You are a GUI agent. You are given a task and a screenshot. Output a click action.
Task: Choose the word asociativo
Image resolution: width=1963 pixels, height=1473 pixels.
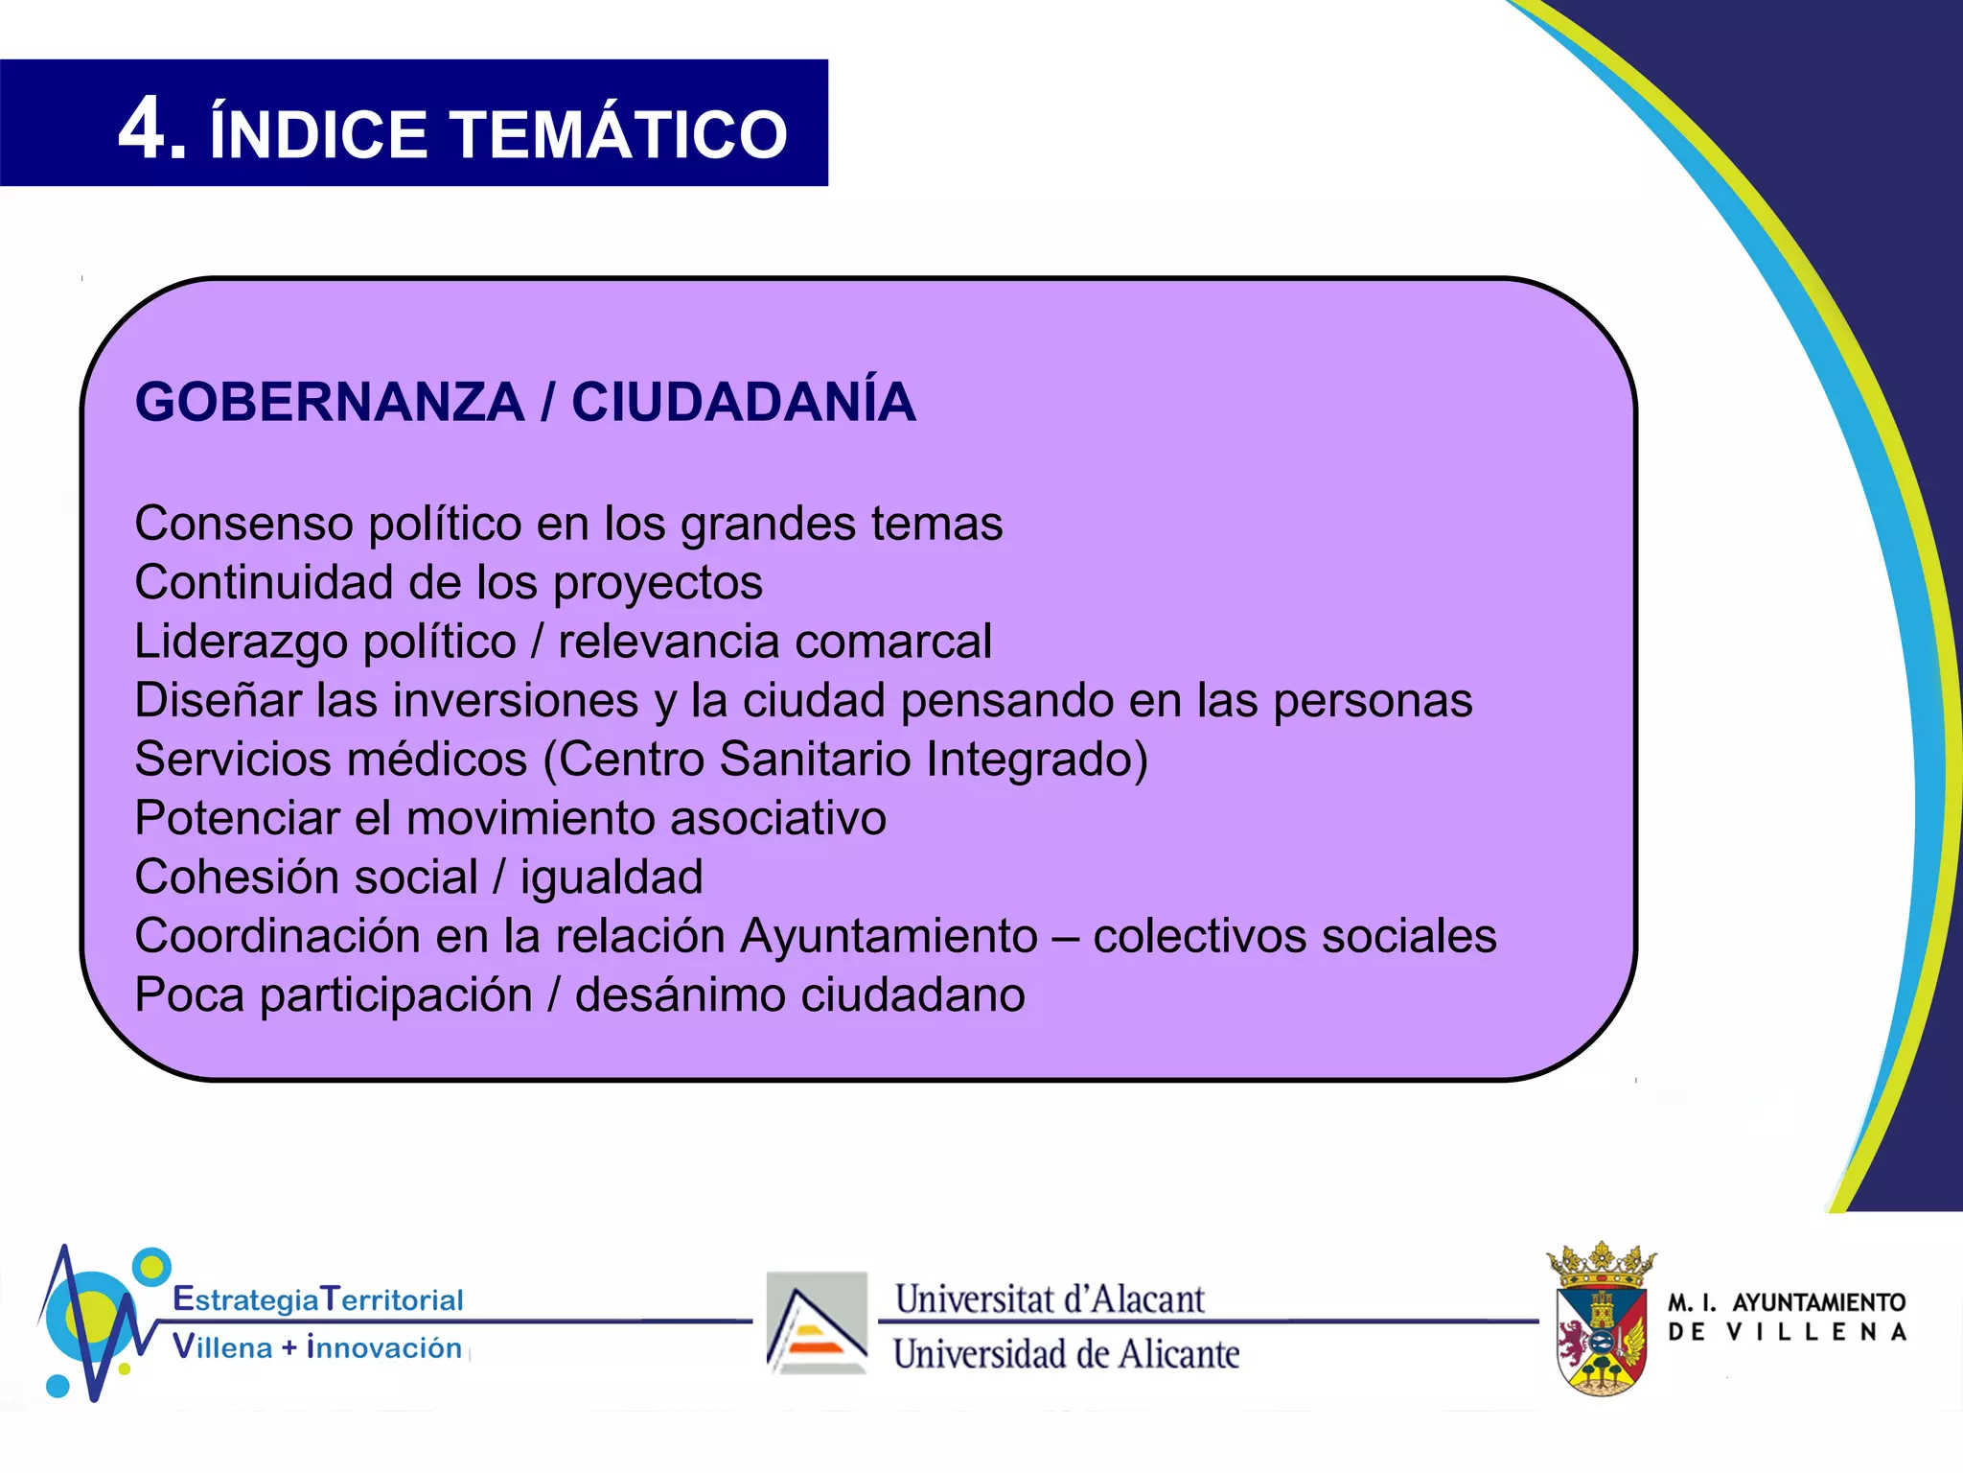pyautogui.click(x=778, y=818)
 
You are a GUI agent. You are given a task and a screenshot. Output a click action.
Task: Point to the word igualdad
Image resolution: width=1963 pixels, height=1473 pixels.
pyautogui.click(x=612, y=877)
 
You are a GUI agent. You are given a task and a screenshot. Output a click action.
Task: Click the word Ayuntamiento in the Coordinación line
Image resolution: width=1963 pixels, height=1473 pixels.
pyautogui.click(x=889, y=936)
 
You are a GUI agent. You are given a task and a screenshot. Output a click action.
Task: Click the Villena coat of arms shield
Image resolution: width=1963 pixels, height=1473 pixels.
pyautogui.click(x=1601, y=1338)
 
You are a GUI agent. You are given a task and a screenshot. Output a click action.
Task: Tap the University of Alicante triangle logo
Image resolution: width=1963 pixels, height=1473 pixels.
pyautogui.click(x=817, y=1323)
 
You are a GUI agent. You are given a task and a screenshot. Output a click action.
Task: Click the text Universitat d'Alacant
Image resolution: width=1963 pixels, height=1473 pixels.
pyautogui.click(x=1050, y=1299)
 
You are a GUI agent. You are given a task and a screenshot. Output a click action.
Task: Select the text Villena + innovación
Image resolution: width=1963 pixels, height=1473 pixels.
pyautogui.click(x=317, y=1347)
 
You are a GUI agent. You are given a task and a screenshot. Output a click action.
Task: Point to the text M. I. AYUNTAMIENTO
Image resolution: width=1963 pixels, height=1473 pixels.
pyautogui.click(x=1787, y=1302)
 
